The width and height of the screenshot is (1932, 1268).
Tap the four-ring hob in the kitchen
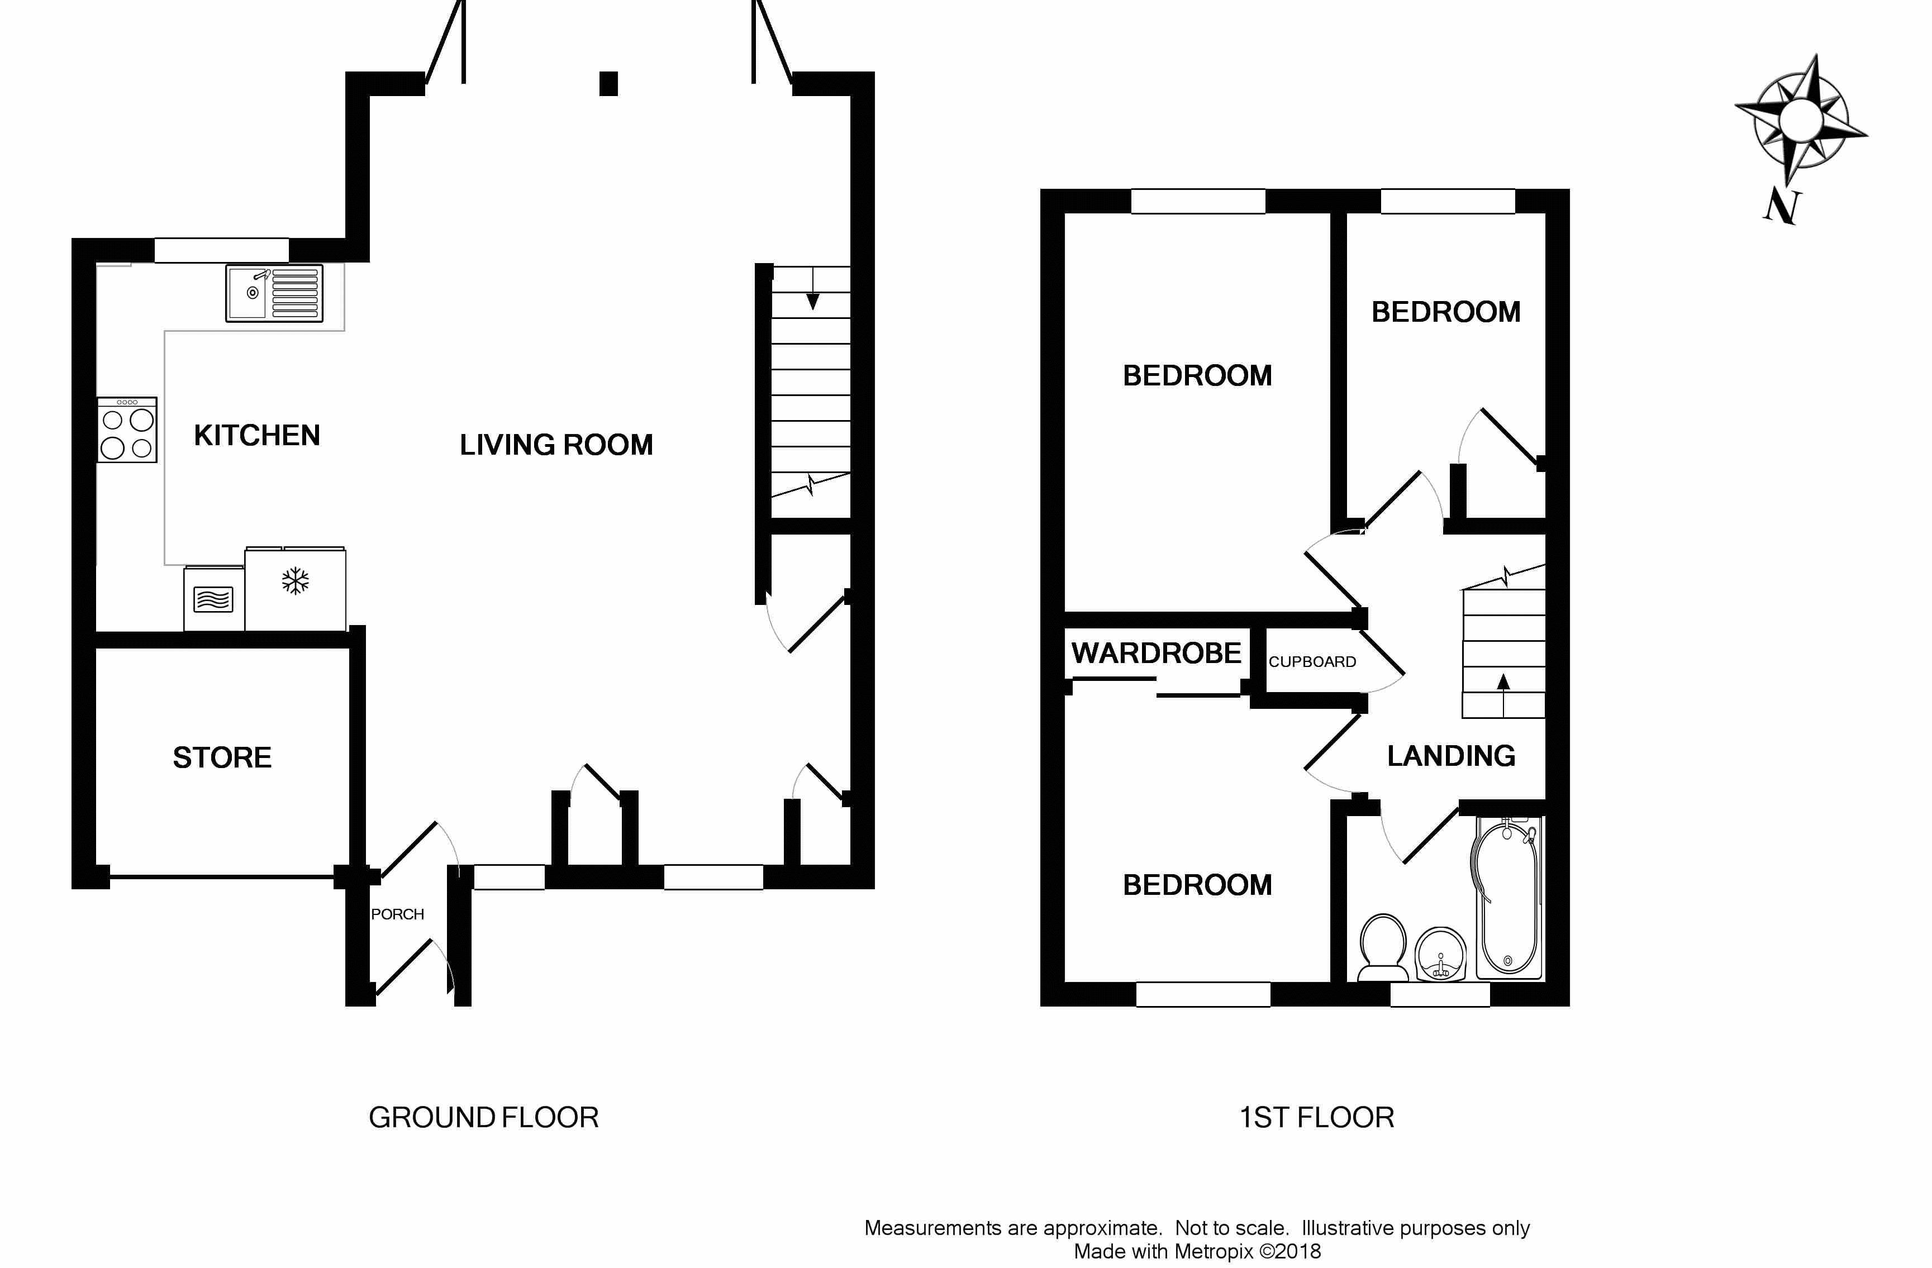click(x=127, y=430)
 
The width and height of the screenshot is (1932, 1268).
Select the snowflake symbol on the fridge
click(x=296, y=581)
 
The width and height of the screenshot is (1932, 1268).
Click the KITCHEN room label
click(x=256, y=436)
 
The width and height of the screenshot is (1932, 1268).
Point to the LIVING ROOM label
click(x=556, y=445)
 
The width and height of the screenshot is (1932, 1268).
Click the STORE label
click(x=222, y=757)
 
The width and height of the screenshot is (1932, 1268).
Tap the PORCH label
click(x=397, y=914)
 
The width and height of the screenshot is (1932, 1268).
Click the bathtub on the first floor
click(x=1507, y=898)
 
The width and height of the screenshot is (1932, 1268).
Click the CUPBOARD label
click(x=1312, y=661)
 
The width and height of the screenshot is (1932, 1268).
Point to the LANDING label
click(x=1450, y=756)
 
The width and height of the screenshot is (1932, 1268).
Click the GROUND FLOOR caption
click(x=484, y=1118)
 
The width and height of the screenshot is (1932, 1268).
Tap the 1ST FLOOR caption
click(x=1317, y=1118)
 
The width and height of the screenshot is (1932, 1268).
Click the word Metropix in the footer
click(x=1215, y=1252)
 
